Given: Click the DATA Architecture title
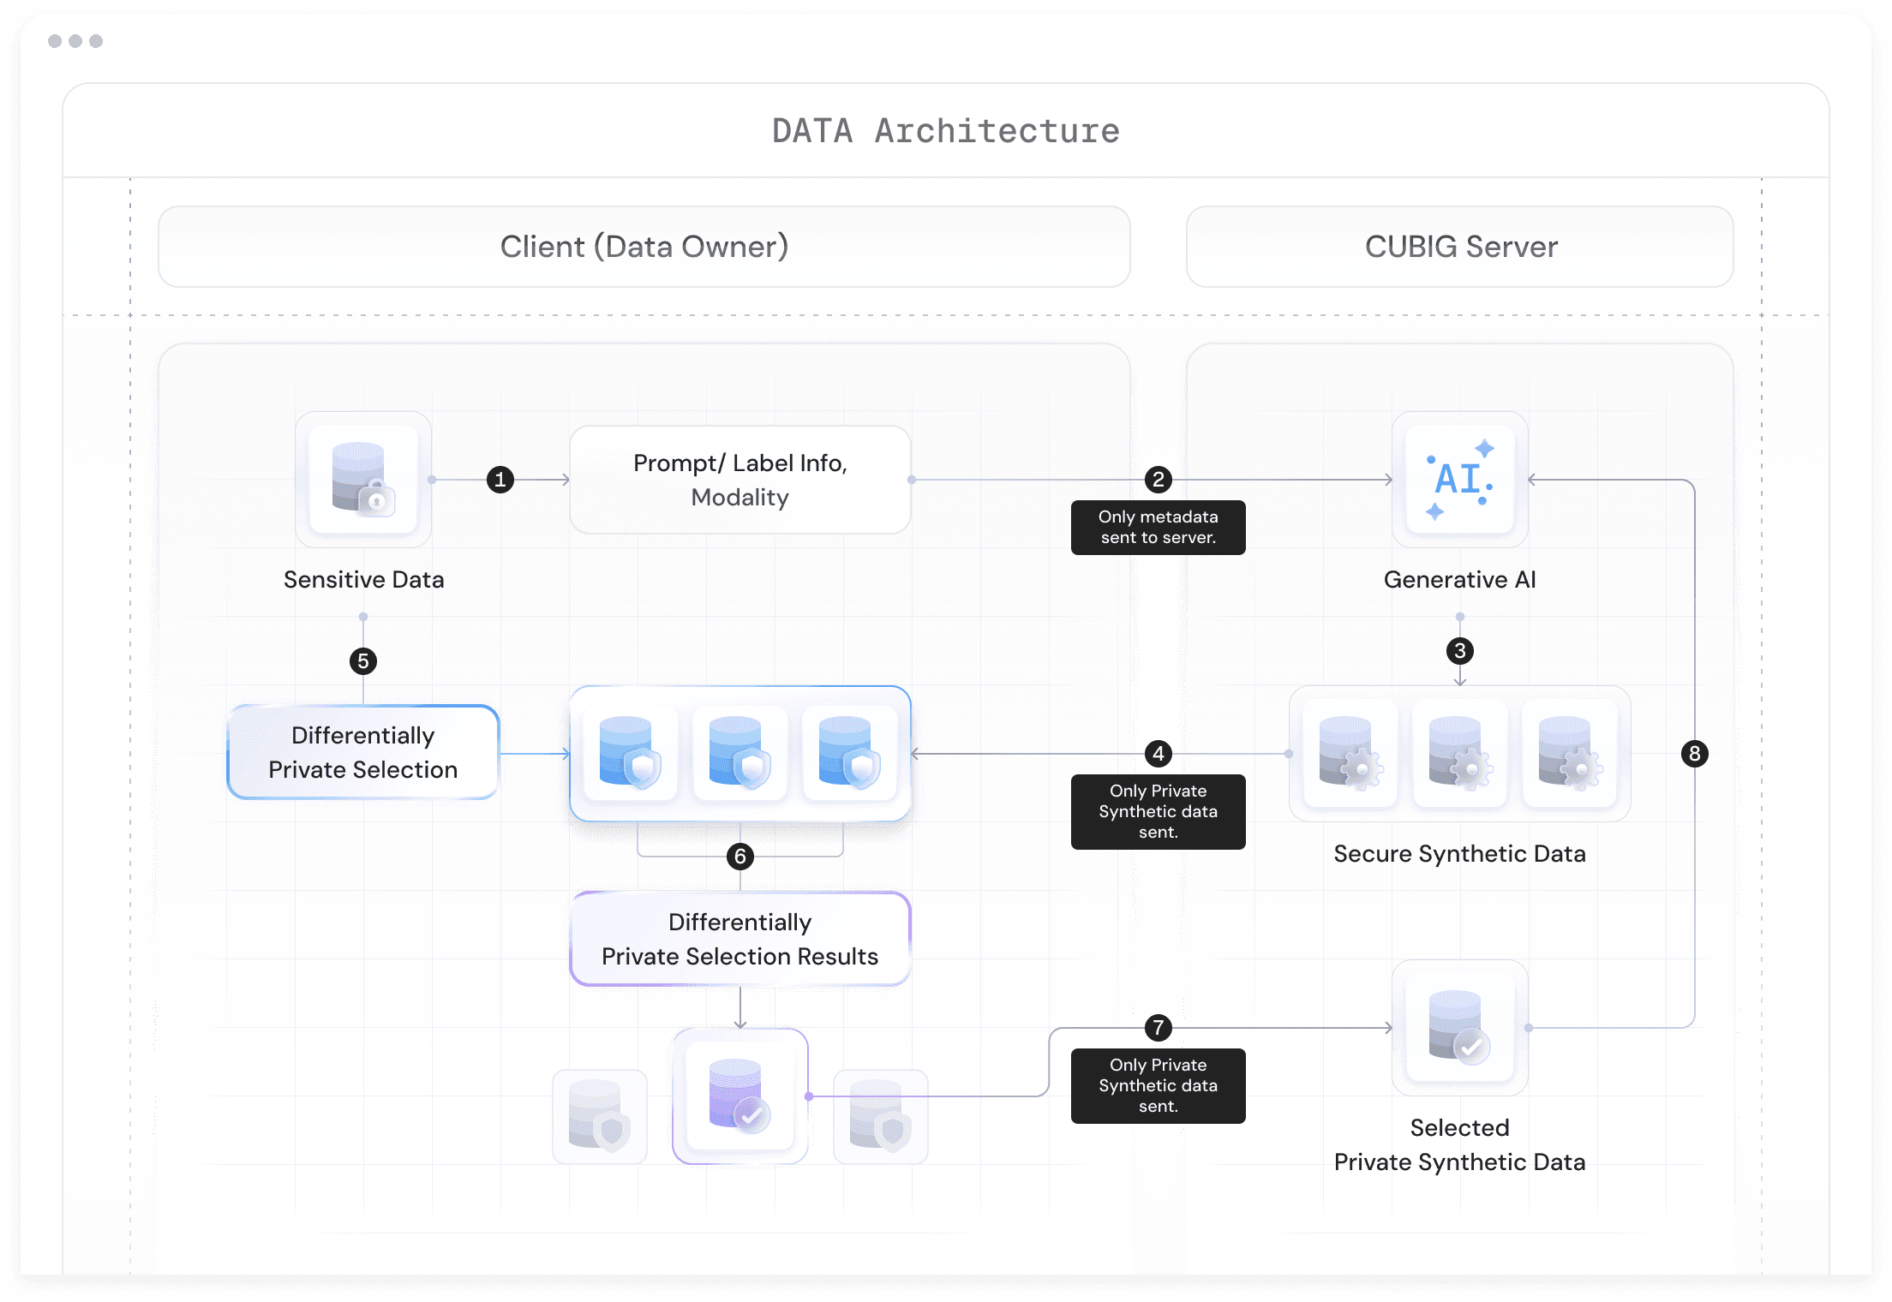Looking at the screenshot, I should [x=945, y=131].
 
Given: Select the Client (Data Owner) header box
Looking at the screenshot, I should [x=644, y=247].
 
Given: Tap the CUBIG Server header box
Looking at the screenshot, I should [x=1459, y=247].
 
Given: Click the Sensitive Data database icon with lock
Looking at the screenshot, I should [x=363, y=480].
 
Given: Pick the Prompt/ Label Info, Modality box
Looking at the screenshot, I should [x=739, y=480].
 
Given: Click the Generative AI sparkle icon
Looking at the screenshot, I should [x=1459, y=480].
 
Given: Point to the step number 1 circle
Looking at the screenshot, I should [x=500, y=480].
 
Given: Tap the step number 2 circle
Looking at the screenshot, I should [x=1159, y=480].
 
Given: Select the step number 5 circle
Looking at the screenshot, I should [x=363, y=661].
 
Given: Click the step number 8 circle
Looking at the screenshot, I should [x=1694, y=754].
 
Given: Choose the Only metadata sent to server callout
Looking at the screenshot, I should [x=1158, y=528].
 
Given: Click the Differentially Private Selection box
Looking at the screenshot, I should [x=363, y=752].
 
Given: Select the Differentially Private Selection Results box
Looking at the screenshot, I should [x=739, y=939].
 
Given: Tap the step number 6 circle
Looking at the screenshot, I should [x=740, y=857].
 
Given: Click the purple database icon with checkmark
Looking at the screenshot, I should [x=739, y=1096].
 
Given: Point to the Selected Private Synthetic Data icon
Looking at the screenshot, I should [x=1459, y=1027].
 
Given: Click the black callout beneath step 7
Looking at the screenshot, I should [x=1158, y=1085].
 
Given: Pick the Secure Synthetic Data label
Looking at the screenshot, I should [x=1459, y=854].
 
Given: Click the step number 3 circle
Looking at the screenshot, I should [x=1460, y=651].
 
